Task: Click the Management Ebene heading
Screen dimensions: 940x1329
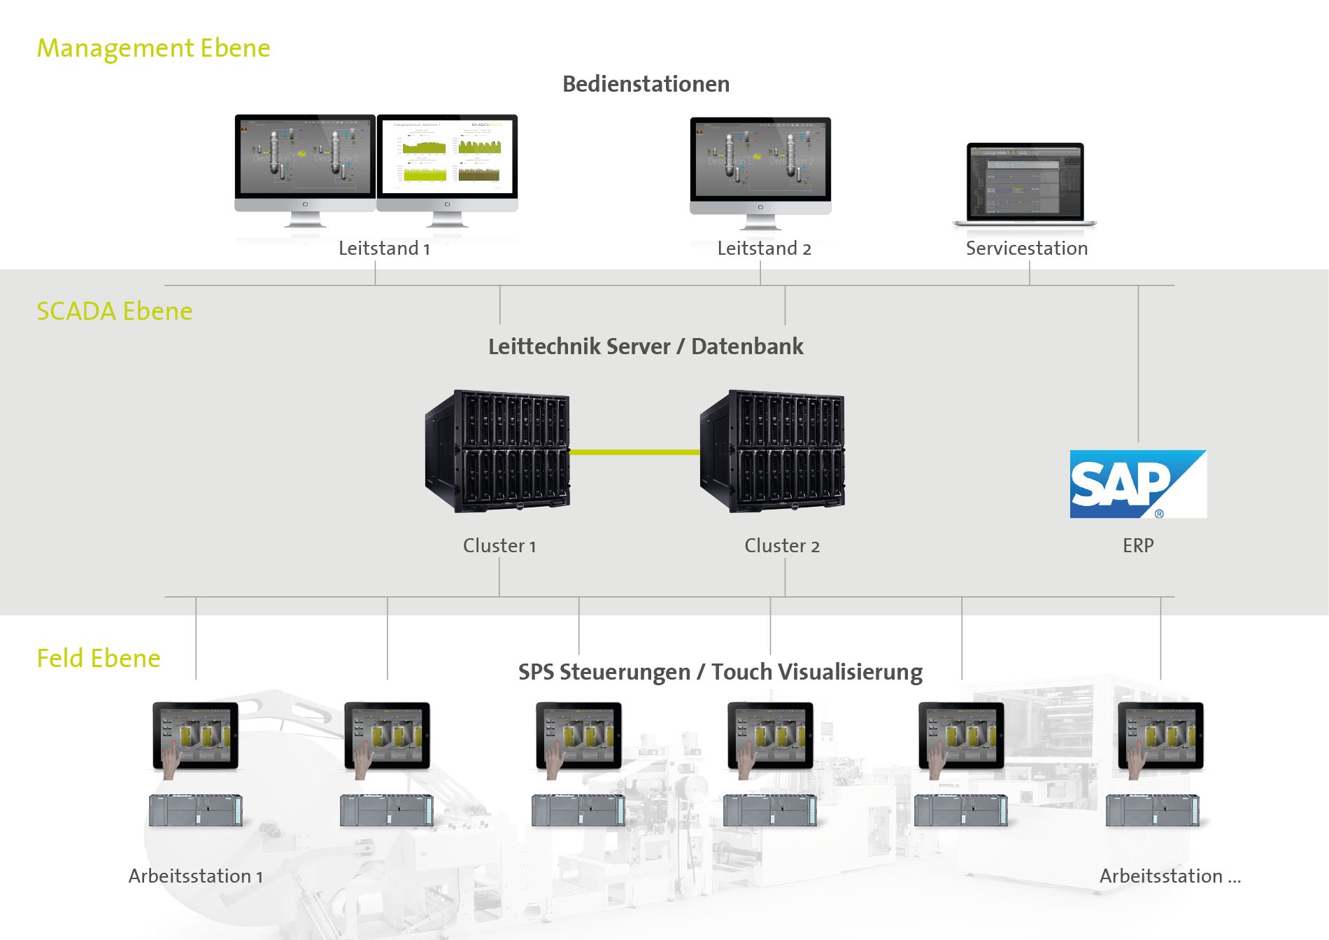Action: (x=153, y=48)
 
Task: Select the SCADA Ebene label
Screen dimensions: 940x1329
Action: (x=114, y=311)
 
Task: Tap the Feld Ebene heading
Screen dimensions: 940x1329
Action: (x=99, y=658)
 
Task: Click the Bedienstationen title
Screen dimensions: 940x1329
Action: (x=646, y=84)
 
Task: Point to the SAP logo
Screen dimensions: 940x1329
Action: (x=1137, y=484)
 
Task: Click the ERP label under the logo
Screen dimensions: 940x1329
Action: (x=1138, y=545)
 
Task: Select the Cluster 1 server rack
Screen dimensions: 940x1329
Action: (x=497, y=451)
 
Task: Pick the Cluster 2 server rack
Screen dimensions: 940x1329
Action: (x=772, y=451)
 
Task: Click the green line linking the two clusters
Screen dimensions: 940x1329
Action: (x=634, y=452)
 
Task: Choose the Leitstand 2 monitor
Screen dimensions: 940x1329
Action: (x=760, y=168)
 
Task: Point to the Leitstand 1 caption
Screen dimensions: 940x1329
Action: (x=384, y=248)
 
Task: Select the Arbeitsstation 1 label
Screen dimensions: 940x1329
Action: (x=195, y=876)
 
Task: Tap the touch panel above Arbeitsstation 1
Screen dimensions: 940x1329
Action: (x=195, y=736)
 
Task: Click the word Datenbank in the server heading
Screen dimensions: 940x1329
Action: (x=747, y=346)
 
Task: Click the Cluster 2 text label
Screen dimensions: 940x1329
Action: (x=781, y=546)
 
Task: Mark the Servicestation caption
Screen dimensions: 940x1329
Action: (x=1026, y=248)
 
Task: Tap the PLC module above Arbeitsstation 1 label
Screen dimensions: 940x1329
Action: (x=195, y=811)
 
